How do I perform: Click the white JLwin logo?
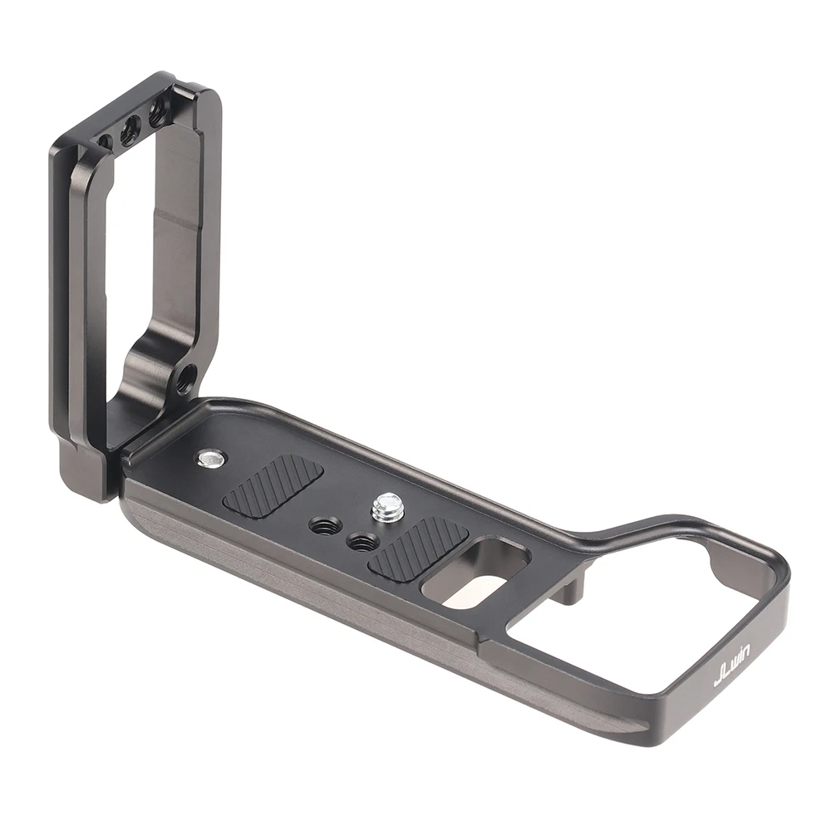(732, 666)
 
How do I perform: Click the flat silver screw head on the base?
(211, 458)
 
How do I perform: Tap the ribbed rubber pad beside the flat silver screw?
(273, 487)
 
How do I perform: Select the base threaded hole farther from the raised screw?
(323, 525)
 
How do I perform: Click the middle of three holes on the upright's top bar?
(130, 129)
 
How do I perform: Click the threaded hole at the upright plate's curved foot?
(184, 381)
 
